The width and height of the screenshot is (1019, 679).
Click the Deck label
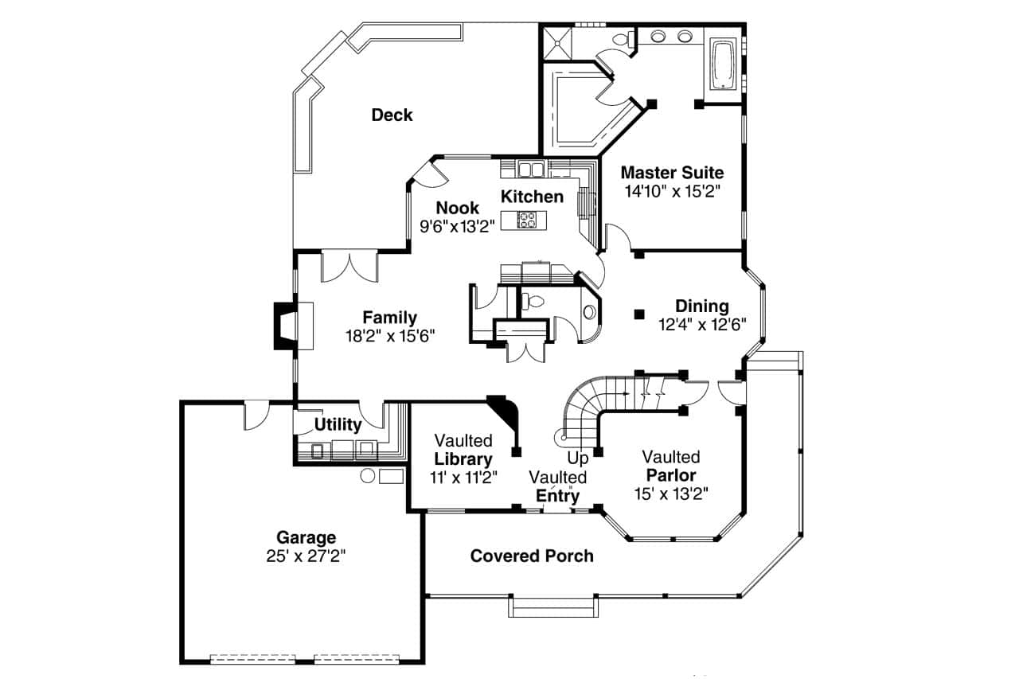(x=392, y=115)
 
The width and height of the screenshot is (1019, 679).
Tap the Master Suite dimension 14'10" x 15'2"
(x=672, y=191)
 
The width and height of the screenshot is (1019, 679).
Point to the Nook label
(x=457, y=209)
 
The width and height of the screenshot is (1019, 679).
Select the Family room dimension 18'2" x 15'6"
(x=390, y=336)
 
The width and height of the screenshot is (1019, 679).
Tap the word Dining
(x=701, y=306)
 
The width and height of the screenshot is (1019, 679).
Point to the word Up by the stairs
(x=578, y=459)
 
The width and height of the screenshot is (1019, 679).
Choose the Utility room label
(x=338, y=424)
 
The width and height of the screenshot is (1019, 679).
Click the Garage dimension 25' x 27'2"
(x=306, y=556)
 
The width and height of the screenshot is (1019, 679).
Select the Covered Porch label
(x=531, y=556)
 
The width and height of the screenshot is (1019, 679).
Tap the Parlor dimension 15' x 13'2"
(x=670, y=493)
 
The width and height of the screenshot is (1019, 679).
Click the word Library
(x=463, y=459)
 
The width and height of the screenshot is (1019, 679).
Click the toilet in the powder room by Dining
(x=533, y=302)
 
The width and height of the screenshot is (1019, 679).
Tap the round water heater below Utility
(x=367, y=476)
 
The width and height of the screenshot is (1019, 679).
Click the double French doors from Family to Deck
(x=349, y=266)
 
